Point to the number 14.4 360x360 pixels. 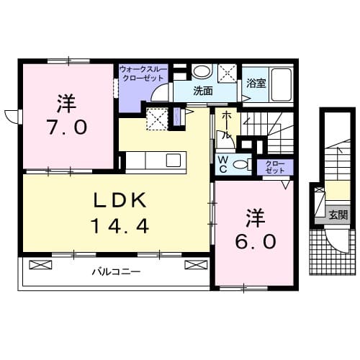120,227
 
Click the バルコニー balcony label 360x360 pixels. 115,272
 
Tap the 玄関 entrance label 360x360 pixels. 338,214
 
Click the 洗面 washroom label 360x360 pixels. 202,91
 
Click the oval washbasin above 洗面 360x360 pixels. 202,71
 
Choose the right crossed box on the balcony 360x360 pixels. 192,265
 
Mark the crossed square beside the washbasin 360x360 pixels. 228,72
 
